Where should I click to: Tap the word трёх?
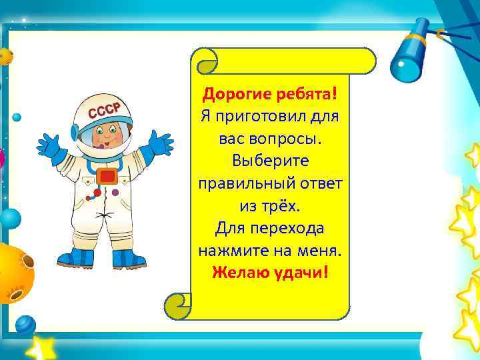[285, 206]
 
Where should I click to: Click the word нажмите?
[233, 251]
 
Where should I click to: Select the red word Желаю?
[238, 273]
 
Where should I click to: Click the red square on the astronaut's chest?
[107, 176]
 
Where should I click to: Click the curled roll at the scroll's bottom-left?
[178, 306]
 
